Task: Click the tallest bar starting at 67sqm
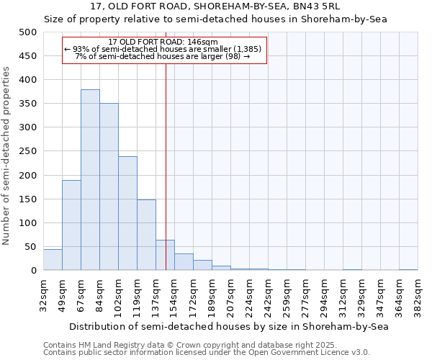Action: (90, 180)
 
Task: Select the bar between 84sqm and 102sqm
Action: (109, 187)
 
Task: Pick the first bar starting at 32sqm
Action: (53, 260)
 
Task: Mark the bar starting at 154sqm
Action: (184, 262)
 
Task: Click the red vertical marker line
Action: (166, 144)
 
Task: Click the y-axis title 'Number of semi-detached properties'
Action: (7, 156)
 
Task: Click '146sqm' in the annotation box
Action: (194, 42)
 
